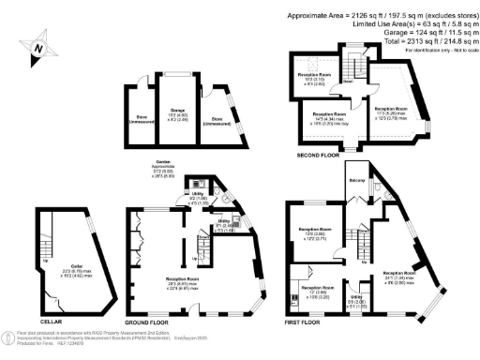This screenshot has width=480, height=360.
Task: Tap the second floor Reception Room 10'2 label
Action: coord(315,78)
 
